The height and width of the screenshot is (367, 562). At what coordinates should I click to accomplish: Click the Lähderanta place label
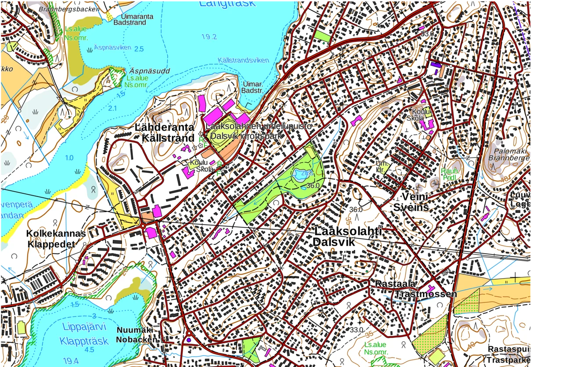tap(164, 127)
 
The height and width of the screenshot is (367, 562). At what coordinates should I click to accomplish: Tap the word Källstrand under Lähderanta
tap(168, 138)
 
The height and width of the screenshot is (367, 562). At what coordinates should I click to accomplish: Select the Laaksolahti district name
tap(348, 232)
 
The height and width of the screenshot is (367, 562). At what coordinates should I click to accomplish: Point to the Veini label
tap(415, 196)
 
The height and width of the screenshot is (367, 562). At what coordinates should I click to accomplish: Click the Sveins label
tap(411, 207)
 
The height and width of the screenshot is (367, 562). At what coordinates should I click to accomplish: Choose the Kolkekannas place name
tap(56, 233)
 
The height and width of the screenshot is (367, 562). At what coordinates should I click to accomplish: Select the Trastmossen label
tap(425, 294)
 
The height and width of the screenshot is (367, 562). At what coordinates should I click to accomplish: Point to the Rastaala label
tap(395, 284)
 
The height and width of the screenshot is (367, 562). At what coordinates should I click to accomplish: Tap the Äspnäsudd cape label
tap(150, 71)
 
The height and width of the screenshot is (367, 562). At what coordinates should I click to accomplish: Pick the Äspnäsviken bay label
tap(112, 47)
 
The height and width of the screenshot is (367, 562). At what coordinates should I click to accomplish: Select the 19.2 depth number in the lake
tap(209, 37)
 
